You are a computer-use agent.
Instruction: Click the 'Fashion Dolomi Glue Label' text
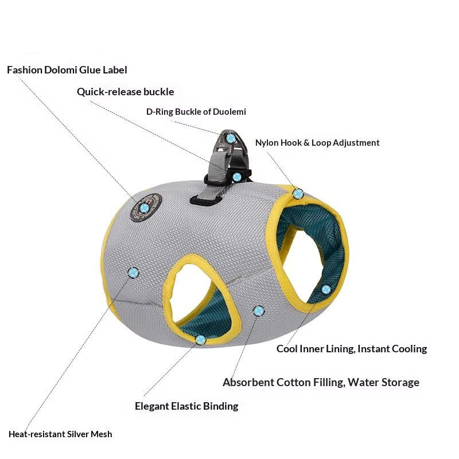tap(67, 70)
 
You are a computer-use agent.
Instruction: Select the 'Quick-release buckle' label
tap(125, 92)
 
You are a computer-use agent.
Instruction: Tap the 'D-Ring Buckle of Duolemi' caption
tap(196, 112)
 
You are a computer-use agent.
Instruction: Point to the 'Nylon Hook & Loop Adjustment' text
tap(317, 143)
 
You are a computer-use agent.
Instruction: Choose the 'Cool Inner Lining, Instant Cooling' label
tap(352, 349)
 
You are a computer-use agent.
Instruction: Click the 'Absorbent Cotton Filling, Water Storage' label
tap(321, 382)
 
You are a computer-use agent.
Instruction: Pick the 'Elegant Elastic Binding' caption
tap(186, 406)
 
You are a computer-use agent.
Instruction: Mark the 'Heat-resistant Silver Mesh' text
tap(60, 434)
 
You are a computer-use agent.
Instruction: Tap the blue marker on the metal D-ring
tap(231, 138)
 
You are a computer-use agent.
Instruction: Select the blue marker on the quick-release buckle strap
tap(236, 177)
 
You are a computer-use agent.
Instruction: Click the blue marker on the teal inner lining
tap(326, 289)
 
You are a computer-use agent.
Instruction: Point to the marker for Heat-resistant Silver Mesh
tap(134, 271)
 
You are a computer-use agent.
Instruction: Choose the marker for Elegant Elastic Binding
tap(200, 340)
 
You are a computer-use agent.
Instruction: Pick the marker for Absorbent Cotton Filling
tap(259, 310)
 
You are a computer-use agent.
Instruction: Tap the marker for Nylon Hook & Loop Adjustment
tap(298, 194)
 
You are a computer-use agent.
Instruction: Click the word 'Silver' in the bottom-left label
tap(72, 434)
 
